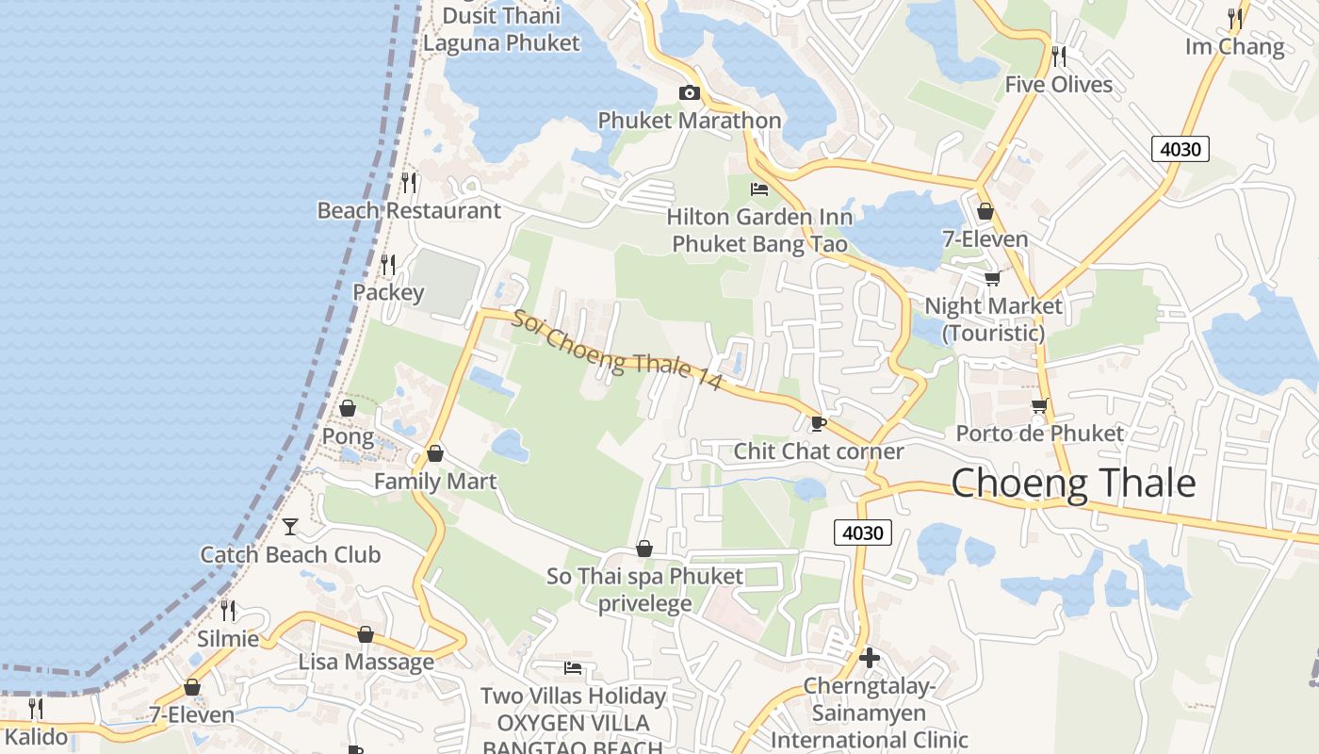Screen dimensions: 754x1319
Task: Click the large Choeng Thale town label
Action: click(x=1073, y=484)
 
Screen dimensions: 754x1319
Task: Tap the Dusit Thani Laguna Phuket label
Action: click(x=501, y=29)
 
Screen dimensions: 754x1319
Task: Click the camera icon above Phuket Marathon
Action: click(x=690, y=92)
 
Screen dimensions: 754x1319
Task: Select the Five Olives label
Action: click(x=1058, y=85)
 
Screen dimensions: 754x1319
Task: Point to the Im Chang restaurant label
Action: click(x=1234, y=47)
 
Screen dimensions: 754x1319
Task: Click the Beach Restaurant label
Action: click(x=409, y=210)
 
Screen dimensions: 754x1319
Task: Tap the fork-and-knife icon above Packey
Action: click(x=388, y=264)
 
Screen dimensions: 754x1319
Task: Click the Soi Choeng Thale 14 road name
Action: click(x=617, y=350)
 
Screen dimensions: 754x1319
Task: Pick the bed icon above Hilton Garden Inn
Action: click(x=759, y=189)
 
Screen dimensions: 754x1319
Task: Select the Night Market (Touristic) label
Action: click(x=993, y=320)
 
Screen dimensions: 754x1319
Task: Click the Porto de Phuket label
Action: click(x=1040, y=434)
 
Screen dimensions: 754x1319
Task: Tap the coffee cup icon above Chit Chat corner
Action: click(x=818, y=423)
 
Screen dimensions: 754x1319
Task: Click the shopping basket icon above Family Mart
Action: click(x=435, y=453)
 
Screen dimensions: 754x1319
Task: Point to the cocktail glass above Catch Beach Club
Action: click(x=290, y=526)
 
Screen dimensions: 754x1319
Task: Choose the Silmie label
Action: click(x=227, y=638)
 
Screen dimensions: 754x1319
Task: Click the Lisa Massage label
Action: click(x=366, y=662)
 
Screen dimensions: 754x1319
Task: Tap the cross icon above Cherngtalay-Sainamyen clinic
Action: click(x=870, y=657)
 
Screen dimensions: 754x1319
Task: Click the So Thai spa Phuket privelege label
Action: click(x=645, y=589)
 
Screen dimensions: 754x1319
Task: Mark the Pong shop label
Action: click(x=348, y=437)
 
